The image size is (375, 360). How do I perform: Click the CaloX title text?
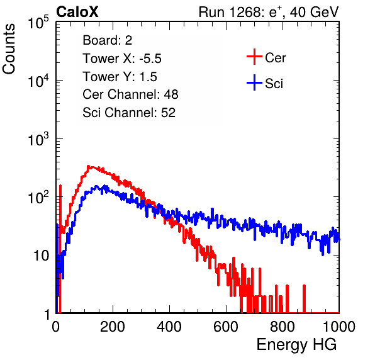click(x=77, y=12)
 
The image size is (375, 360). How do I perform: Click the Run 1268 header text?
click(x=269, y=12)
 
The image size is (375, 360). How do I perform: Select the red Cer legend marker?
click(x=254, y=57)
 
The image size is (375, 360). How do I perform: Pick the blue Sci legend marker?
click(x=254, y=82)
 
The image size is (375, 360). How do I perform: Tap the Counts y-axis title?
click(x=9, y=49)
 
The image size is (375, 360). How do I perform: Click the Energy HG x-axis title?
click(x=296, y=345)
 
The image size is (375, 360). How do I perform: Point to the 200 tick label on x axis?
click(x=113, y=327)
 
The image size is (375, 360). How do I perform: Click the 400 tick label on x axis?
click(x=169, y=327)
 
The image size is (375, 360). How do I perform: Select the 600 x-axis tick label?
click(x=226, y=327)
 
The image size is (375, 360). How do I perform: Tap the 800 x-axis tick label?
click(x=283, y=327)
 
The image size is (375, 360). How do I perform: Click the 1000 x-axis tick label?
click(x=339, y=327)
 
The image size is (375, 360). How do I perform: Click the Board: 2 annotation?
click(x=107, y=40)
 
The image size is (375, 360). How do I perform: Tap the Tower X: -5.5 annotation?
click(x=122, y=59)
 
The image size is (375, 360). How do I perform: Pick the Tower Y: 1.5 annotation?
click(x=120, y=77)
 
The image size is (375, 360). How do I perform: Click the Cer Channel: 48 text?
click(x=130, y=94)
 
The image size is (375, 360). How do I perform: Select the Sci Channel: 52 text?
click(x=129, y=113)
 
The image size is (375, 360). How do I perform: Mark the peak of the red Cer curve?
click(x=88, y=166)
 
